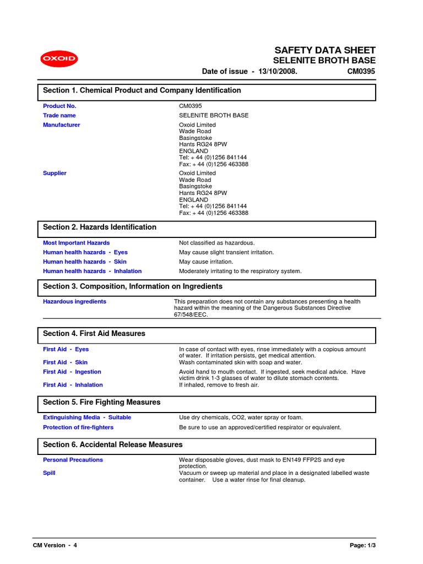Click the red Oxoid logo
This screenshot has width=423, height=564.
coord(59,59)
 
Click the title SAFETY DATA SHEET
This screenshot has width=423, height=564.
coord(325,50)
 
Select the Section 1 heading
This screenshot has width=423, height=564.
coord(142,90)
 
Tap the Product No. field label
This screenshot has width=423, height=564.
coord(59,106)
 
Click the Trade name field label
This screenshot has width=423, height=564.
coord(59,116)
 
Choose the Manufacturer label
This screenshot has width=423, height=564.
coord(61,125)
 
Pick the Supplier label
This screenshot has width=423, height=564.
coord(55,173)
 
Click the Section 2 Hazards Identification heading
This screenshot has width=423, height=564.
coord(100,227)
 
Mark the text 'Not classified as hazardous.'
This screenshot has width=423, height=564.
coord(217,243)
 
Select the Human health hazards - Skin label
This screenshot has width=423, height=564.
coord(85,262)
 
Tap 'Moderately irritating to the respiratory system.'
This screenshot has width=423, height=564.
coord(240,272)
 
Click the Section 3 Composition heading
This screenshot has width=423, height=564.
coord(133,286)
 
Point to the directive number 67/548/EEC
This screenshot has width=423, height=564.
coord(191,315)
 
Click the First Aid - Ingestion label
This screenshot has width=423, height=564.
coord(72,372)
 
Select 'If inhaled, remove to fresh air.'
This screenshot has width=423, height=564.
coord(219,385)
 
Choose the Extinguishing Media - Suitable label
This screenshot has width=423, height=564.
coord(87,418)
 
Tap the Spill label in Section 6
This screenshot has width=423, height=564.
coord(49,473)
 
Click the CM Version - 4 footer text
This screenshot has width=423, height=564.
coord(55,545)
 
